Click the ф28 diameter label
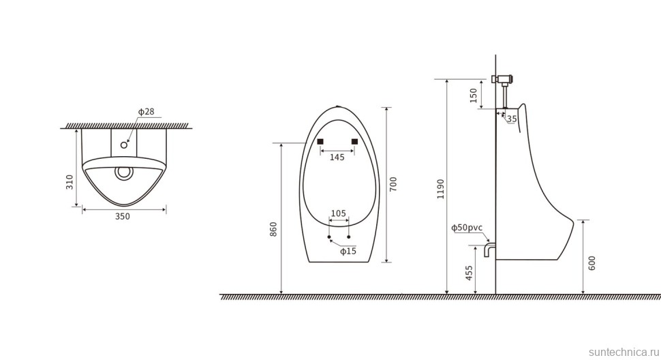click(x=147, y=111)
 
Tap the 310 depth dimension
click(x=70, y=181)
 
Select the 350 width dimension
click(x=122, y=217)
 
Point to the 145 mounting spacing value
click(x=337, y=157)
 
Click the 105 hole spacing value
click(x=338, y=213)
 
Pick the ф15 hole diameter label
click(x=348, y=252)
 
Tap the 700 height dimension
click(x=393, y=184)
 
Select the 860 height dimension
click(x=273, y=229)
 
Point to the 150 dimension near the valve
click(x=474, y=94)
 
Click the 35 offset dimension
click(x=512, y=119)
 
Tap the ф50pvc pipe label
click(x=467, y=228)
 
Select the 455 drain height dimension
click(x=469, y=273)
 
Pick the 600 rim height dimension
click(x=591, y=263)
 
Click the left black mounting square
click(x=320, y=141)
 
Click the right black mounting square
click(x=354, y=141)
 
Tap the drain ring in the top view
click(x=123, y=172)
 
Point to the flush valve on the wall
click(x=504, y=80)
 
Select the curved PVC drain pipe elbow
click(x=489, y=248)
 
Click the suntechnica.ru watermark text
click(x=621, y=351)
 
